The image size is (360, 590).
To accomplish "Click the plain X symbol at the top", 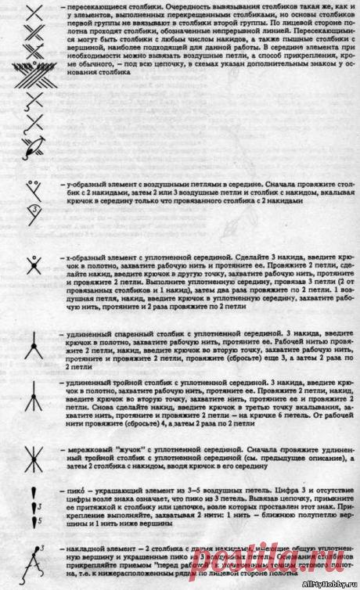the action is click(33, 11).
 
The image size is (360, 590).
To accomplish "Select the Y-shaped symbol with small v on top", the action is click(33, 188).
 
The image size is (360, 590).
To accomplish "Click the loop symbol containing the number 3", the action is click(34, 210).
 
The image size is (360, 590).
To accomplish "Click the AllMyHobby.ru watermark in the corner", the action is click(336, 585).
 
